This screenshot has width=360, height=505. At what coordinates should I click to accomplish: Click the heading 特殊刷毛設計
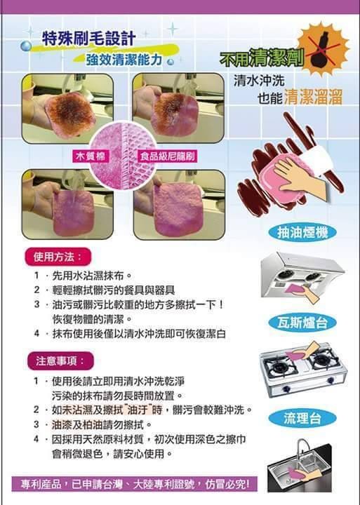(88, 39)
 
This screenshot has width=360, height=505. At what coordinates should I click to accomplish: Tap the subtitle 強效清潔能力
(124, 59)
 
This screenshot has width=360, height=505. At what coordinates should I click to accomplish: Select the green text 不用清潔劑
(261, 58)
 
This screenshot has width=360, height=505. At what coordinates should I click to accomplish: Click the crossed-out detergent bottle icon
(323, 48)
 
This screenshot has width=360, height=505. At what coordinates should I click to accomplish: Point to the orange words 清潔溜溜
(313, 97)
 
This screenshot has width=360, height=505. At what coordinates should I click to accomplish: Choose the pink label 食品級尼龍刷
(167, 156)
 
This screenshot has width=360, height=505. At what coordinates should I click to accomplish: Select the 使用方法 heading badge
(58, 257)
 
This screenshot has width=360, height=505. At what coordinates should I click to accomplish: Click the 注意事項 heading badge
(60, 361)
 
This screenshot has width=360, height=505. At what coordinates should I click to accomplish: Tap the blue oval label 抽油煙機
(302, 233)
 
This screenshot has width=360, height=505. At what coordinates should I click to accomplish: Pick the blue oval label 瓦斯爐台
(302, 323)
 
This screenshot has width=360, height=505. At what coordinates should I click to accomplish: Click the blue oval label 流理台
(302, 418)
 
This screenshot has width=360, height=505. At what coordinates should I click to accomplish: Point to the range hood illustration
(302, 276)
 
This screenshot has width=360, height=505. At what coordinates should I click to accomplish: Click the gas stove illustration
(302, 370)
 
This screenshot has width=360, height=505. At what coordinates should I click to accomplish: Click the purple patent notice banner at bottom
(135, 484)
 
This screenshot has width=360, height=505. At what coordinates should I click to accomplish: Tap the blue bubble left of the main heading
(26, 46)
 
